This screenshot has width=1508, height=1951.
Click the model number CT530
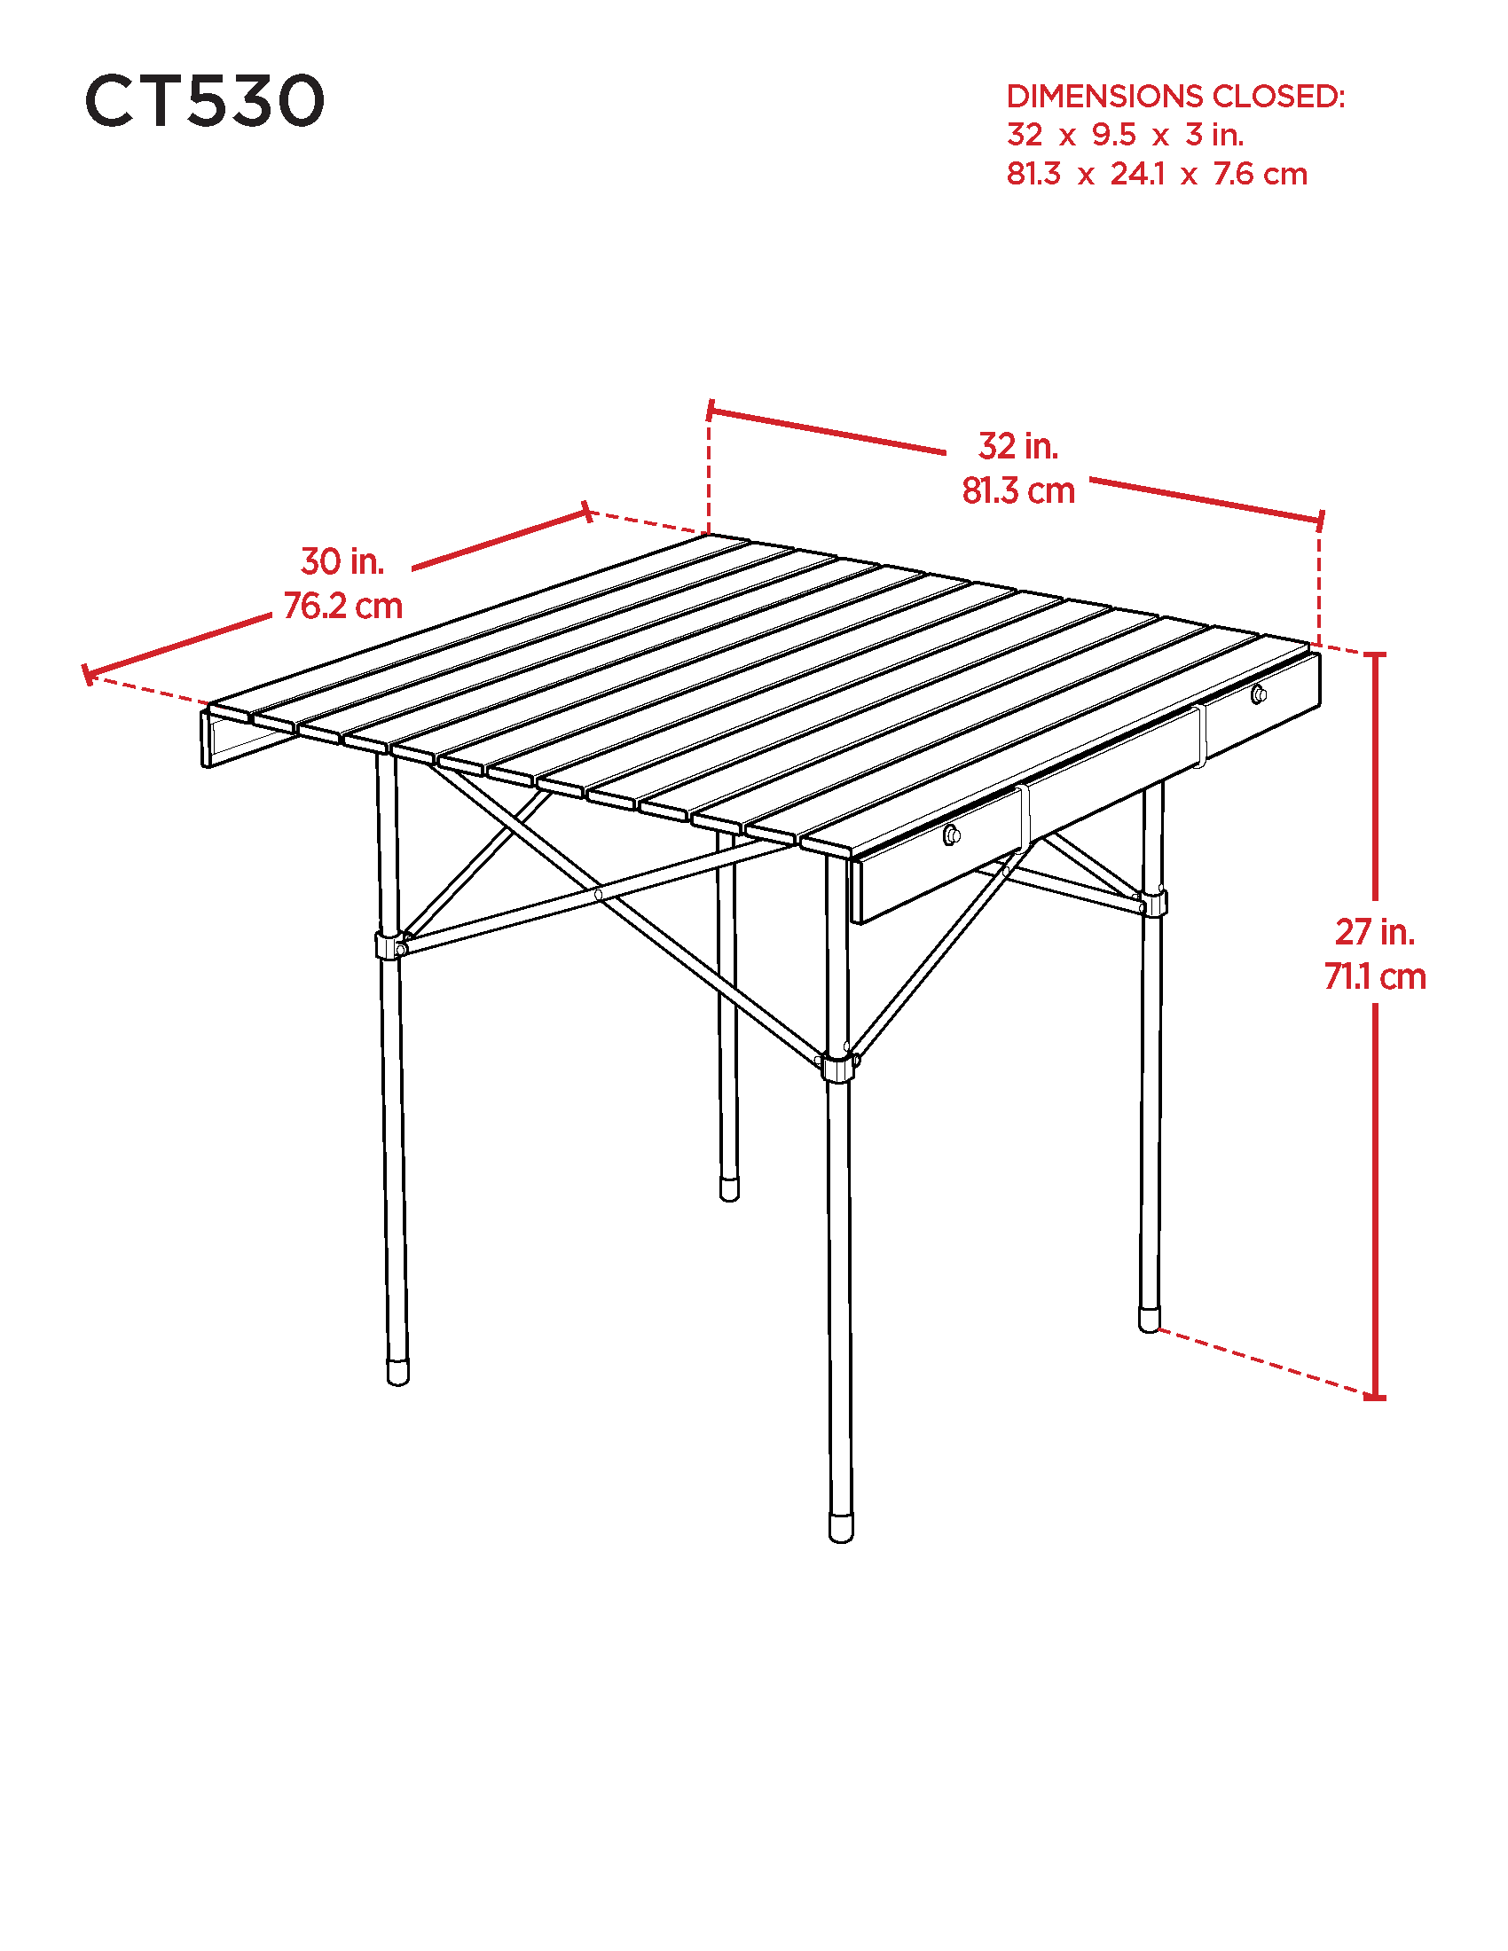pyautogui.click(x=205, y=100)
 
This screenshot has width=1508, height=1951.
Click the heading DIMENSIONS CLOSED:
pyautogui.click(x=1175, y=97)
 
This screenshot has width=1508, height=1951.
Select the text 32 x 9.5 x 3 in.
pyautogui.click(x=1126, y=135)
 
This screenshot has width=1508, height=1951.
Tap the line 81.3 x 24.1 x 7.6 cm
pyautogui.click(x=1157, y=173)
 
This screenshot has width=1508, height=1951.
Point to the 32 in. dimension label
pyautogui.click(x=1018, y=447)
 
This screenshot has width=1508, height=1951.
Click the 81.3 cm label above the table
pyautogui.click(x=1018, y=491)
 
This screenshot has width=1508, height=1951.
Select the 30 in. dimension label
pyautogui.click(x=343, y=562)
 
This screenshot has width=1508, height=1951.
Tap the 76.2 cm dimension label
pyautogui.click(x=343, y=607)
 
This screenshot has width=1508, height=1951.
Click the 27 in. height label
pyautogui.click(x=1375, y=933)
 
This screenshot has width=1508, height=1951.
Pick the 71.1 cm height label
pyautogui.click(x=1375, y=977)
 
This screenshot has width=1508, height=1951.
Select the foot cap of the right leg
pyautogui.click(x=1150, y=1320)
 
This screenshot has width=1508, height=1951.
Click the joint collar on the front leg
pyautogui.click(x=837, y=1069)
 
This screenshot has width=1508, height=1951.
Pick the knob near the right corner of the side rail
pyautogui.click(x=1259, y=693)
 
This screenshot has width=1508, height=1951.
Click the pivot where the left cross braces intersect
pyautogui.click(x=599, y=894)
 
